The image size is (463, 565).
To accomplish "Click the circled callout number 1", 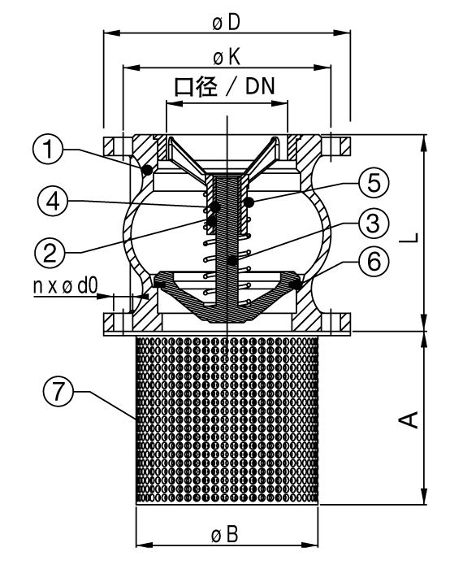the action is [48, 150].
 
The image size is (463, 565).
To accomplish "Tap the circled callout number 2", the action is [50, 253].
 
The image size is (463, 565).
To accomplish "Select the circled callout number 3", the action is [374, 223].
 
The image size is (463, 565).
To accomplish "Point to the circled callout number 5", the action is [374, 182].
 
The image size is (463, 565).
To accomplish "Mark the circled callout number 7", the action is [58, 391].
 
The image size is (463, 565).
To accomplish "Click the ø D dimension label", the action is [226, 23].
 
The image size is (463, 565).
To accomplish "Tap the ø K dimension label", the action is [227, 58].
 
